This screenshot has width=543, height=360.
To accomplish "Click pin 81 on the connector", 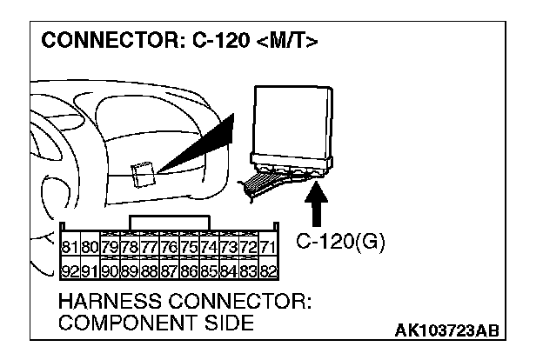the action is (x=70, y=247).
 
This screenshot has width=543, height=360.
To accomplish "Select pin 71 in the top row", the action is (x=268, y=247).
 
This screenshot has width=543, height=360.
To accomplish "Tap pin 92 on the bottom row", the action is (x=70, y=270).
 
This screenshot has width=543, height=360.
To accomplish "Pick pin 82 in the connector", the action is (x=268, y=270).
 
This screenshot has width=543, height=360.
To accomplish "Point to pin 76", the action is (x=170, y=247).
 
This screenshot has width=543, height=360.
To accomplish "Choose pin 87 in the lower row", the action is (x=170, y=270).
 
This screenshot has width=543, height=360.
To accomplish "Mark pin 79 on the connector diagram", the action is (x=111, y=247).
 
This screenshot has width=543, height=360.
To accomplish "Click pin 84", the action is (x=229, y=270).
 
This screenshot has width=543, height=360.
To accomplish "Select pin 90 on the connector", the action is (x=111, y=270).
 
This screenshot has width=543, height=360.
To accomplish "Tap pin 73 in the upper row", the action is (x=229, y=247).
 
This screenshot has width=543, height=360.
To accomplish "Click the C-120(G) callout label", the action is (x=340, y=242).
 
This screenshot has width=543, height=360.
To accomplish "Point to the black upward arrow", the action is (x=316, y=204).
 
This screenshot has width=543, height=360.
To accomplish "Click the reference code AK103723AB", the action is (x=447, y=330).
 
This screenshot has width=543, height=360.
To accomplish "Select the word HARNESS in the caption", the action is (x=111, y=301).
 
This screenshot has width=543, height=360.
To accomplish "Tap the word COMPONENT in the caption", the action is (x=127, y=323).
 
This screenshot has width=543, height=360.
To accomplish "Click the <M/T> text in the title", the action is (x=287, y=40).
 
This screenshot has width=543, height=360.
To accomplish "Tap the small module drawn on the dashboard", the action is (x=143, y=175).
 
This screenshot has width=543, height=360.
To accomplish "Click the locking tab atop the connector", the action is (x=170, y=223).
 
